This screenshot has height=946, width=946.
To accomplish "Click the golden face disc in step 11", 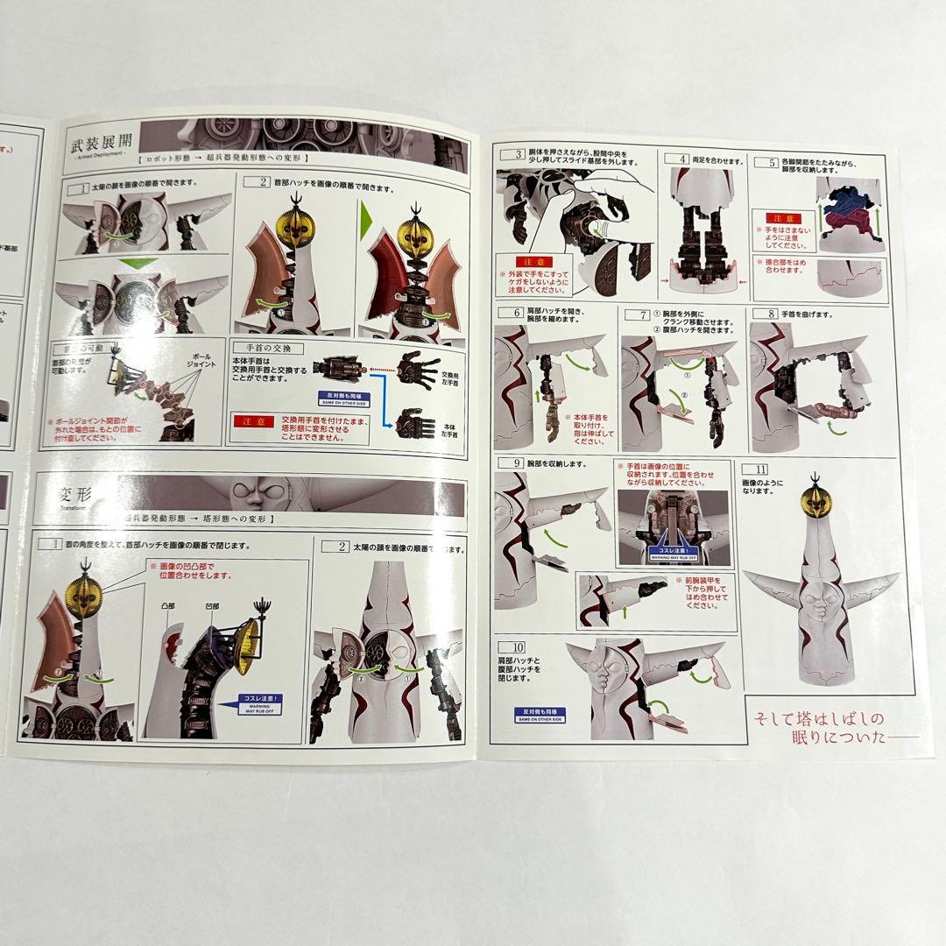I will click(x=814, y=502).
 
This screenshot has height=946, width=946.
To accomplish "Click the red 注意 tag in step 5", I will click(x=782, y=218).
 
